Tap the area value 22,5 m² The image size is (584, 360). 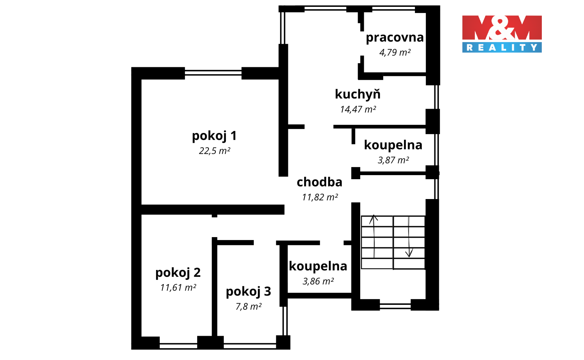[215, 151]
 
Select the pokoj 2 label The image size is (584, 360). [178, 273]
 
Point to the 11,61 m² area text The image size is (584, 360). [178, 287]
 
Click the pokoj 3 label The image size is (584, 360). [249, 291]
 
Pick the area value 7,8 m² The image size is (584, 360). [249, 306]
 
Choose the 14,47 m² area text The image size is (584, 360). [358, 109]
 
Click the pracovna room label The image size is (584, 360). [395, 38]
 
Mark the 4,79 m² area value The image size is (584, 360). [395, 52]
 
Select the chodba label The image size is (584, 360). [320, 182]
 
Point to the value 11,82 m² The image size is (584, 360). [320, 197]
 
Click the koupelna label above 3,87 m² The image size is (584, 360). [393, 145]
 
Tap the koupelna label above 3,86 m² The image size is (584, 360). [318, 266]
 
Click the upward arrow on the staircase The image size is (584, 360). [374, 236]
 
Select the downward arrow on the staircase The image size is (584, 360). [409, 237]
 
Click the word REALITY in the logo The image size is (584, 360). [502, 47]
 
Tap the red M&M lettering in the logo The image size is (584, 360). [502, 28]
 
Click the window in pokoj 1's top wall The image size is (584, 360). [213, 73]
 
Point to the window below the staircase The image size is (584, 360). [395, 306]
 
